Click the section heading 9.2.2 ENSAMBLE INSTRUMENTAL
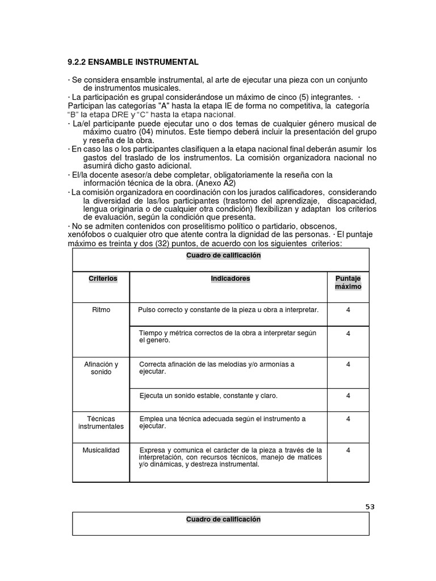tap(133, 62)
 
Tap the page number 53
tap(370, 507)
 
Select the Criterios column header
tap(103, 279)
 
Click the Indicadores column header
tap(230, 279)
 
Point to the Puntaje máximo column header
tap(348, 283)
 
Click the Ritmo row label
tap(101, 310)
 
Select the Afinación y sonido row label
tap(101, 368)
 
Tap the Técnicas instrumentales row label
tap(101, 422)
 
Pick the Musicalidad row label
tap(101, 450)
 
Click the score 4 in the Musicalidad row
tap(348, 450)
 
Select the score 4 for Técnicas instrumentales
tap(348, 419)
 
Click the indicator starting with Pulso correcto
tap(228, 310)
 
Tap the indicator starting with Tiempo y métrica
tap(227, 336)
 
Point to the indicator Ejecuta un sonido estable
tap(208, 395)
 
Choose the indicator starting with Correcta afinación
tap(216, 368)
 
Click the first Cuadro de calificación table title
tap(223, 255)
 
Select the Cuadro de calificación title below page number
tap(223, 519)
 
